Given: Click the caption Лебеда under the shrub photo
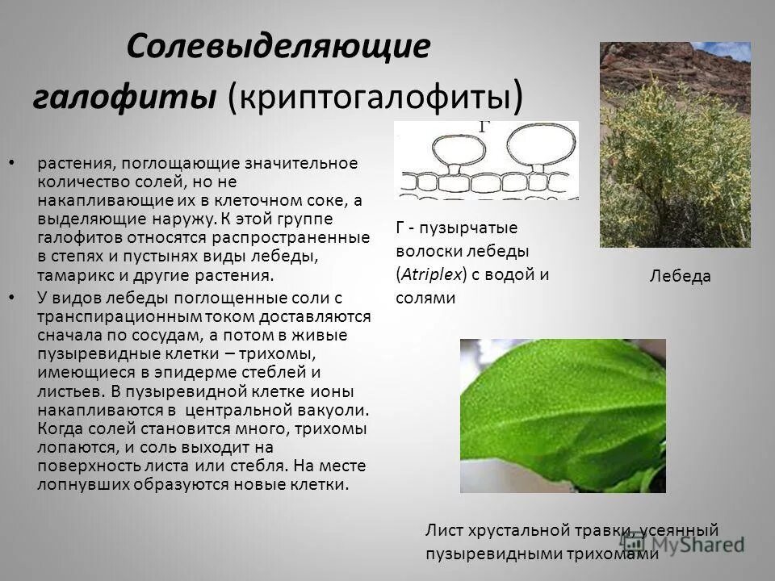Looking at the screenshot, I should (x=680, y=277).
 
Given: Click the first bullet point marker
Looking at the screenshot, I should (x=10, y=164).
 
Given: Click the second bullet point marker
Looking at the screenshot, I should (x=10, y=298).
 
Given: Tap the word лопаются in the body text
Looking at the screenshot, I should (x=70, y=446).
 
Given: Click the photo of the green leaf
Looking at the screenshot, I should (x=563, y=415).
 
